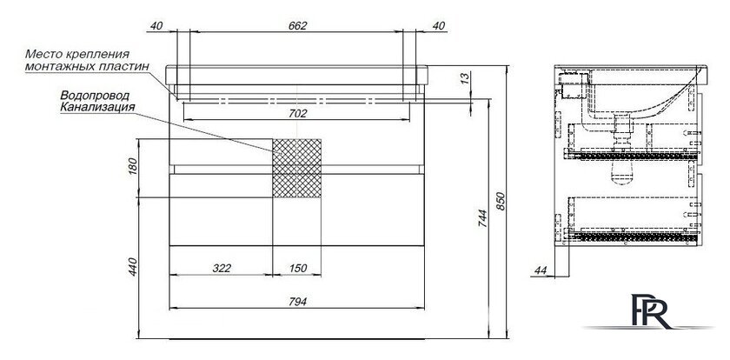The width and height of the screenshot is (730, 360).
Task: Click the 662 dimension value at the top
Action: click(297, 26)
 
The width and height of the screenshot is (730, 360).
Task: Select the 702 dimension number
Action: click(297, 113)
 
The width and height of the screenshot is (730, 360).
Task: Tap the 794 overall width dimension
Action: click(297, 302)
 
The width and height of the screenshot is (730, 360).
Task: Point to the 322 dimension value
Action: click(222, 268)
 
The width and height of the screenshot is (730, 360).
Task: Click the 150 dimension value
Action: click(298, 268)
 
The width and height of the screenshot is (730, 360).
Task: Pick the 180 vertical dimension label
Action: click(132, 167)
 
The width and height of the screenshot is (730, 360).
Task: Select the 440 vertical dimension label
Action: click(132, 267)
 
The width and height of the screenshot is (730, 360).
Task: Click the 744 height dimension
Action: click(482, 218)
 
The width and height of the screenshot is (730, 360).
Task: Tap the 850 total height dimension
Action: click(501, 201)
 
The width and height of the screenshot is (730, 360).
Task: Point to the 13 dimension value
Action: click(464, 79)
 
